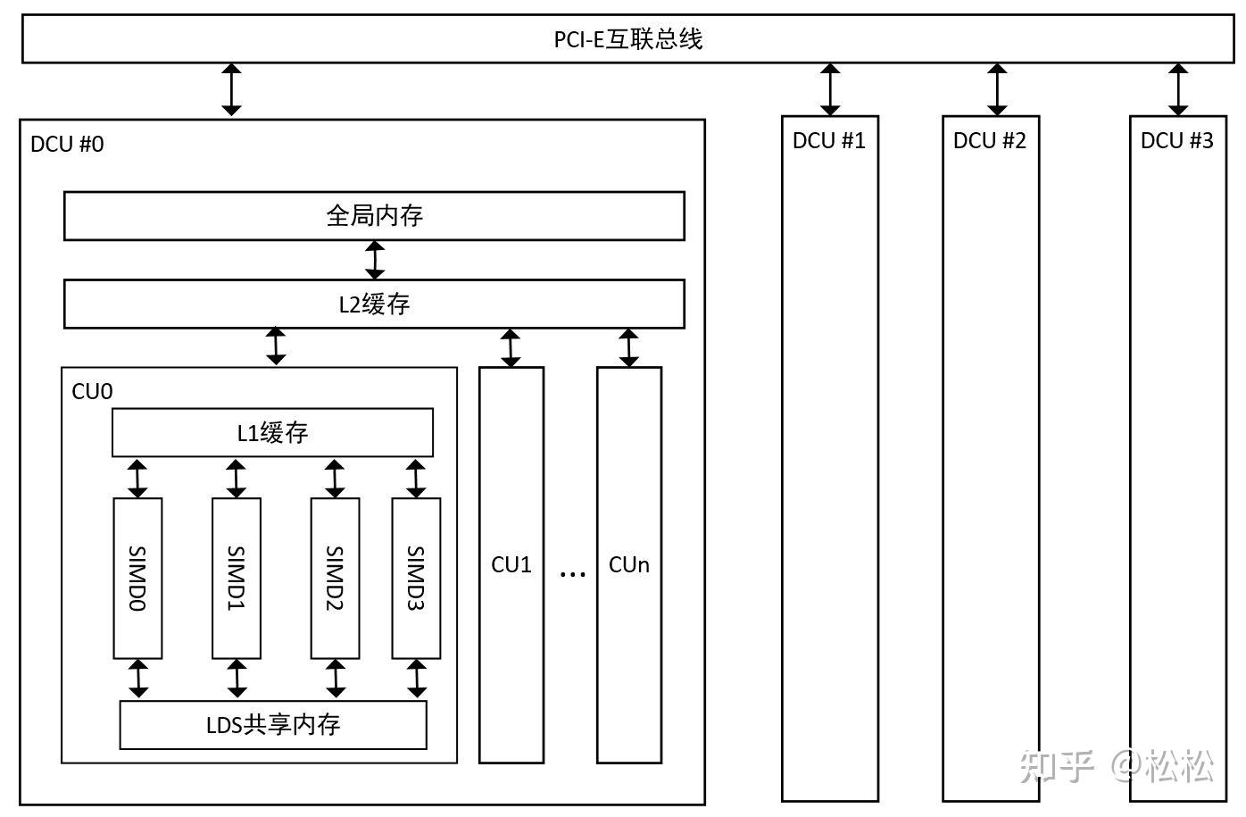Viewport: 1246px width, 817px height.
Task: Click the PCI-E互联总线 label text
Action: click(627, 39)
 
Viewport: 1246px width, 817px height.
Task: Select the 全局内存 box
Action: click(374, 216)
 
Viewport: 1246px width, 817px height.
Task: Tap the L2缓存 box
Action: click(374, 304)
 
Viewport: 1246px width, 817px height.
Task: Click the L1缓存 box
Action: click(272, 433)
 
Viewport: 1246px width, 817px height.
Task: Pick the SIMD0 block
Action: click(137, 579)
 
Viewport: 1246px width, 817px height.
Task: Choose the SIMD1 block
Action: click(237, 579)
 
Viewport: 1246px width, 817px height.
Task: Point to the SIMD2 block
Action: click(335, 579)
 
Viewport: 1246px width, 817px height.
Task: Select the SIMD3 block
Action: click(416, 579)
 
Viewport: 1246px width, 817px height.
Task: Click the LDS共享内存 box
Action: click(273, 724)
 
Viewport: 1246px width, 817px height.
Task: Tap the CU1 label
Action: click(511, 564)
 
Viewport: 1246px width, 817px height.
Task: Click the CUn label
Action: click(629, 564)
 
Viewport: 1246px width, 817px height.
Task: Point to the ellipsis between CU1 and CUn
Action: click(572, 572)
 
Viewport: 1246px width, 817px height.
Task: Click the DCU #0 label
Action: click(67, 145)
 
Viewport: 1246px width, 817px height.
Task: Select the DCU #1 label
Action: click(829, 141)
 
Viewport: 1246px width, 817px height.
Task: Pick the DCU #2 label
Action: click(990, 141)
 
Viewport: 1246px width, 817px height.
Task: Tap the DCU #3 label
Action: click(1177, 141)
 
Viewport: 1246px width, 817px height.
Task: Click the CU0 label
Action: click(92, 392)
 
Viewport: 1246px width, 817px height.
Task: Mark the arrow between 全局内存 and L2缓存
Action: click(375, 260)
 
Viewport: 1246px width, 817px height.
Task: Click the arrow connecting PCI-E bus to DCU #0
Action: click(232, 89)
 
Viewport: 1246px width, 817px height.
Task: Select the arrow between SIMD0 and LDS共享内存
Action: click(137, 679)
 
